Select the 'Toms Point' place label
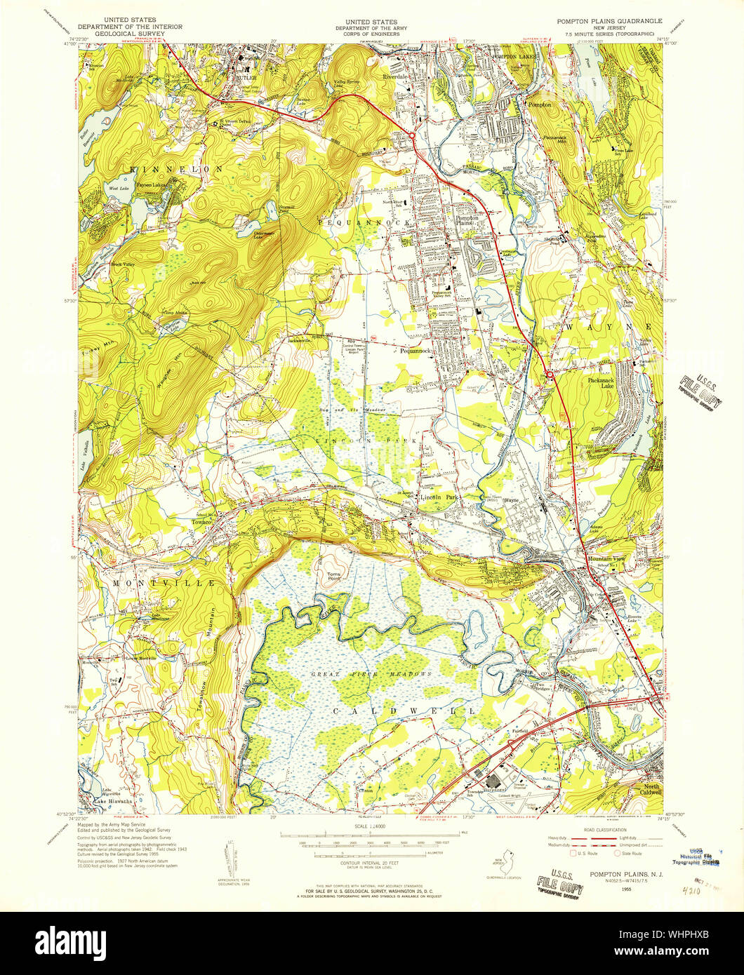(332, 578)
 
